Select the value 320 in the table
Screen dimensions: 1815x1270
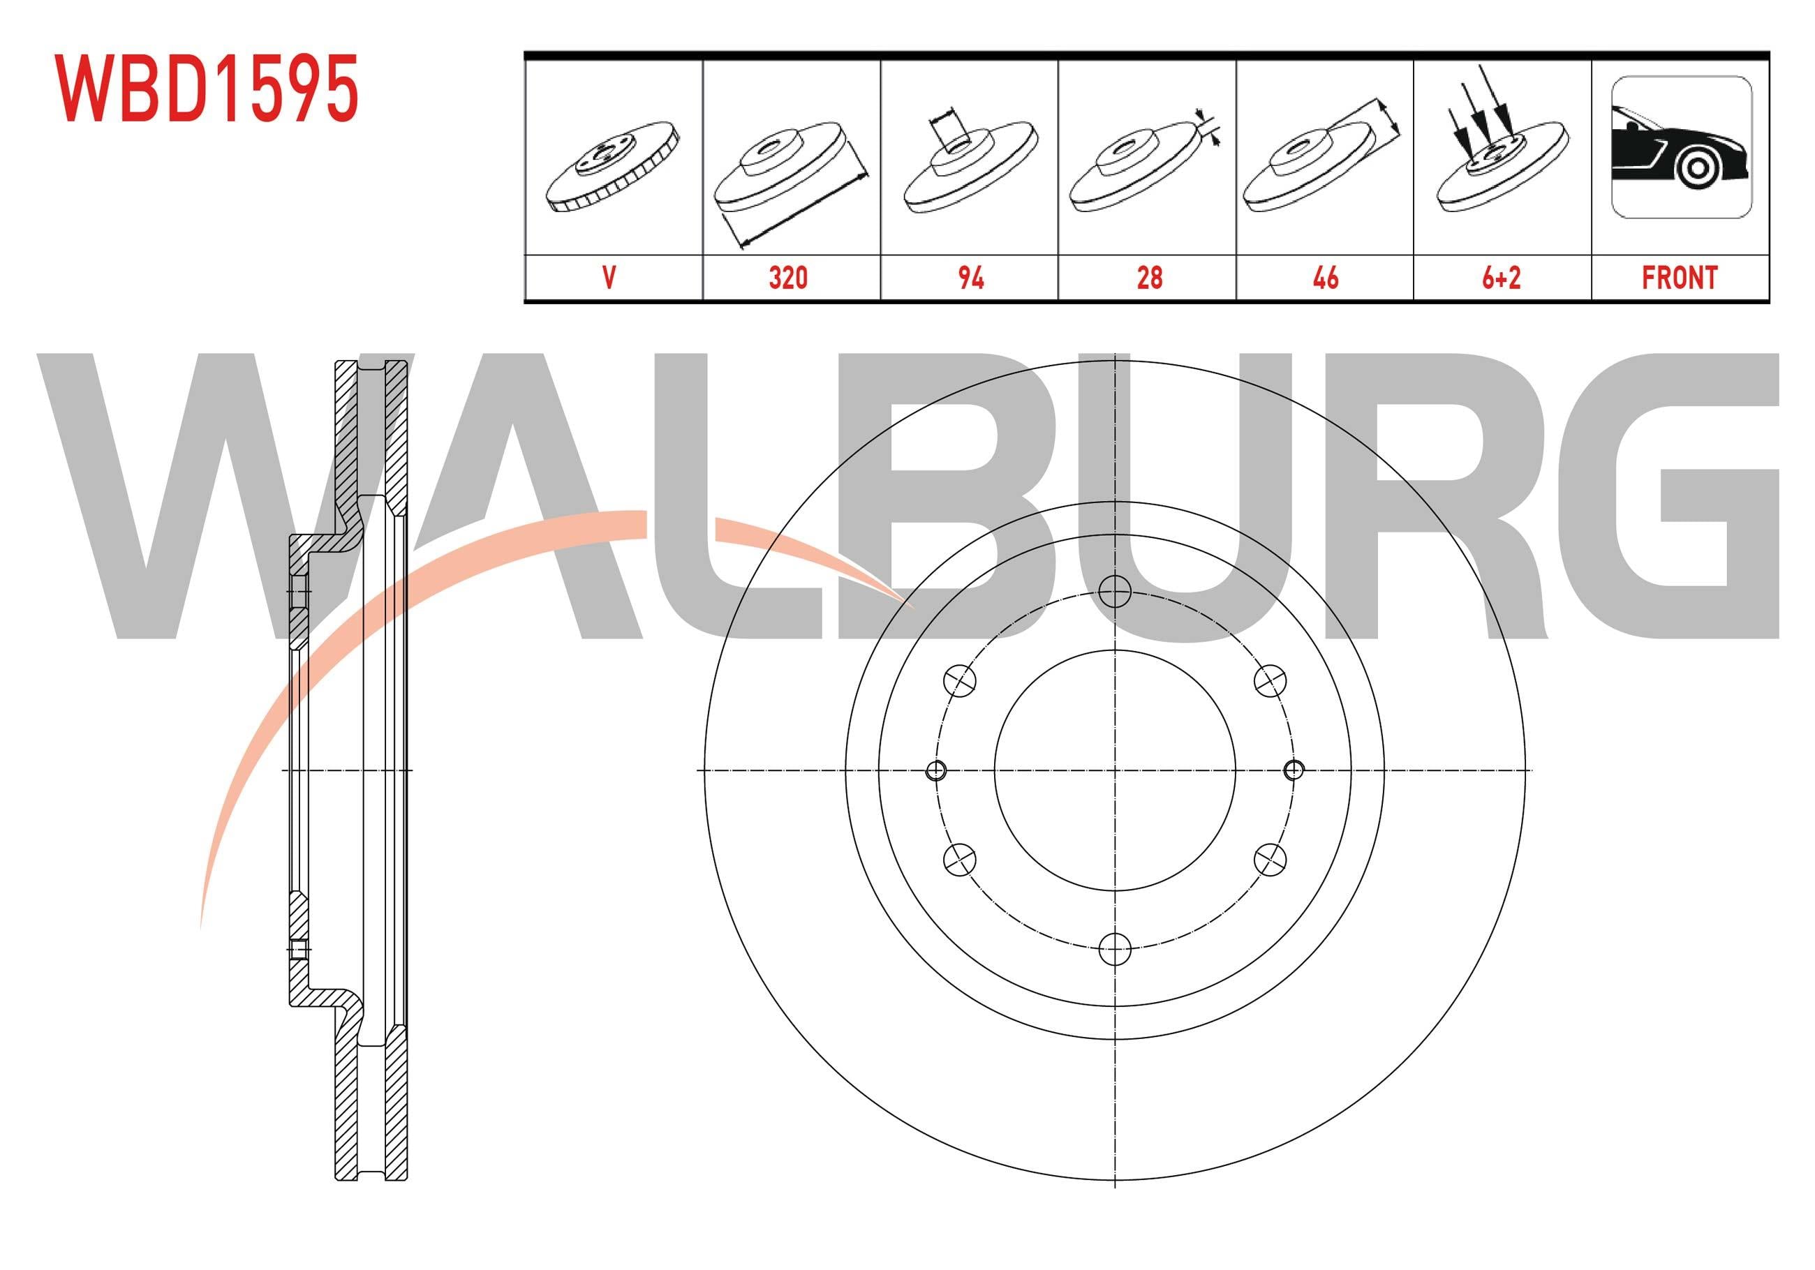(x=788, y=278)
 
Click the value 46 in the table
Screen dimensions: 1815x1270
(x=1325, y=278)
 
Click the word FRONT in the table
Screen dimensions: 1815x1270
(x=1679, y=278)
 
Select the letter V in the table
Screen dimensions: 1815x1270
(x=609, y=278)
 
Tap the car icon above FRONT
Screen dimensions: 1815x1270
(x=1680, y=147)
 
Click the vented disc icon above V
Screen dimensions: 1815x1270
(x=613, y=167)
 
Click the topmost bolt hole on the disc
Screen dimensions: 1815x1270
(x=1115, y=591)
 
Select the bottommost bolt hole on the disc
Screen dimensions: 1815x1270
(x=1115, y=948)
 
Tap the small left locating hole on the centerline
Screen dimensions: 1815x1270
(x=936, y=770)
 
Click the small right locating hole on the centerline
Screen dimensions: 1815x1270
(x=1294, y=770)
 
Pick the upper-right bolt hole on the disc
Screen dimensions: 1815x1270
(x=1270, y=680)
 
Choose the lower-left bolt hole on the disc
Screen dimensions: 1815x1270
(x=960, y=858)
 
